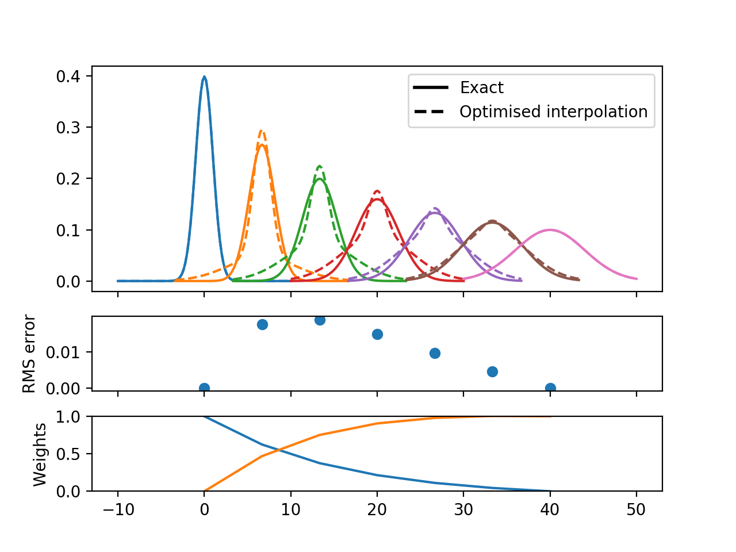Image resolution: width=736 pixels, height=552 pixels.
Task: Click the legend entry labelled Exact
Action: tap(481, 87)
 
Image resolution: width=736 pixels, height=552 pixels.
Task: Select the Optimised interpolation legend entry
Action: tap(553, 112)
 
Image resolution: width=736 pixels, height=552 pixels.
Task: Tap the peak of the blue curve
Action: tap(204, 76)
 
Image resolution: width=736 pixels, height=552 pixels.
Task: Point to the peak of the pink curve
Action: tap(550, 230)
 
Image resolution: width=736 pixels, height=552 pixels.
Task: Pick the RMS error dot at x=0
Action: tap(204, 388)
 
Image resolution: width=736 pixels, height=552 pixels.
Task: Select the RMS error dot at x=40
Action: tap(550, 388)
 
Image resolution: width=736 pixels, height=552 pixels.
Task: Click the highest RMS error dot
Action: tap(320, 320)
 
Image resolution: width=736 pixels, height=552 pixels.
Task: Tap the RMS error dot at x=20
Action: tap(377, 334)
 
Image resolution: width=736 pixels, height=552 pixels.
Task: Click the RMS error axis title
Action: tap(29, 354)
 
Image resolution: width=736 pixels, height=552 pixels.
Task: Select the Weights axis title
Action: tap(40, 454)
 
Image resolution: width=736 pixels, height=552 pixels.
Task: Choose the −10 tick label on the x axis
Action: tap(117, 509)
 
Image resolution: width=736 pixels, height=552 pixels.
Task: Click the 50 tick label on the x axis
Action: tap(637, 509)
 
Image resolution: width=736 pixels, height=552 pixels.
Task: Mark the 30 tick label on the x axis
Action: tap(463, 509)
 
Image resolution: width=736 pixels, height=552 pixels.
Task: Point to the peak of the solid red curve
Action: tap(377, 200)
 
